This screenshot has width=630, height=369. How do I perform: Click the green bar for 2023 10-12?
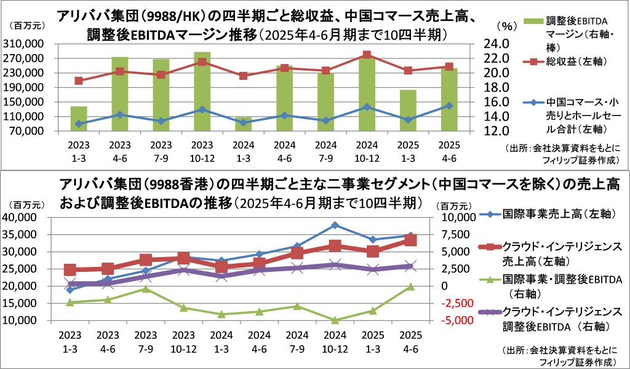tap(202, 92)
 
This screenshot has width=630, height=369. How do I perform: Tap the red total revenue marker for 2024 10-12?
tap(367, 55)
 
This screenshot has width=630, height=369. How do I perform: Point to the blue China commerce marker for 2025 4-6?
tap(449, 106)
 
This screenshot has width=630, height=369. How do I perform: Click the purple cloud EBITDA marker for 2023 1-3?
tap(70, 285)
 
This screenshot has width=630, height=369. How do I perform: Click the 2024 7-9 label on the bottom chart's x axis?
tap(298, 341)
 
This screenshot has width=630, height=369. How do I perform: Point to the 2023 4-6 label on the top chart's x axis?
tap(120, 151)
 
